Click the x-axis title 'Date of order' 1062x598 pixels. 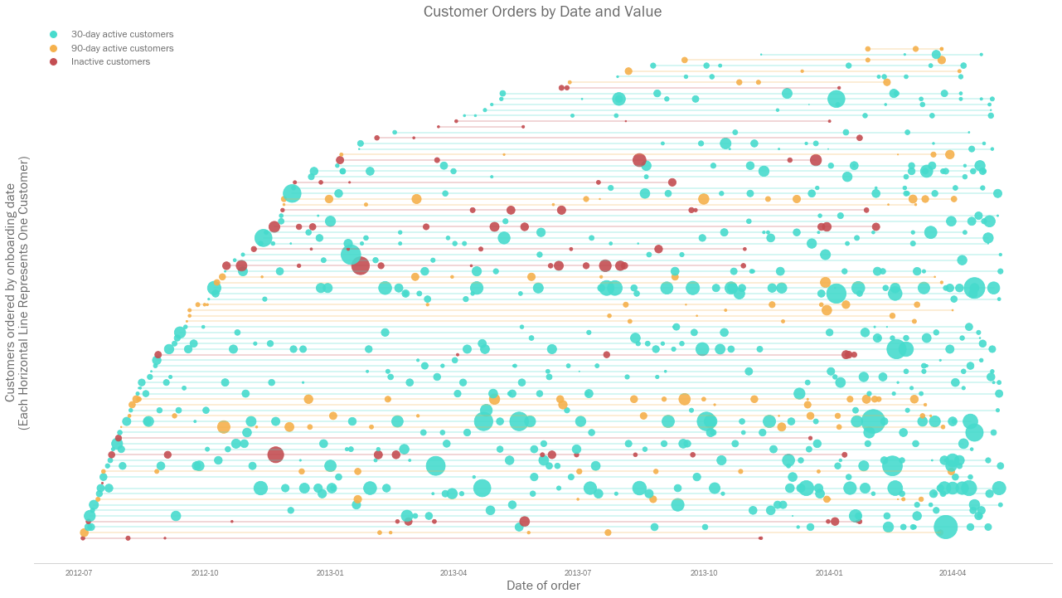tap(543, 586)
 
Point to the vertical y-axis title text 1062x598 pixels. tap(17, 293)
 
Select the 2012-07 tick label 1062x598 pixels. tap(79, 572)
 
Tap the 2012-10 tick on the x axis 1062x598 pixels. tap(205, 572)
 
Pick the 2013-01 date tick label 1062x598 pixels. tap(330, 572)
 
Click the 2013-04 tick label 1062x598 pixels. tap(453, 572)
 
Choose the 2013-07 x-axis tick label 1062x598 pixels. tap(578, 572)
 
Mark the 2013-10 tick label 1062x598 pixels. tap(704, 572)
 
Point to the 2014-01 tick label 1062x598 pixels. tap(829, 572)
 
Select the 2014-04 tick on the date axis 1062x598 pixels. tap(953, 572)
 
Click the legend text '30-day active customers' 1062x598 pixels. tap(122, 35)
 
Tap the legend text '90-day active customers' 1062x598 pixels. tap(122, 48)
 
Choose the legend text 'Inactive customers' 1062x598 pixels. tap(110, 62)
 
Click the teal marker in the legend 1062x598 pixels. tap(54, 35)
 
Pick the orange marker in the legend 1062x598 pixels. tap(54, 48)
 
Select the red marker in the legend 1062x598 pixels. tap(54, 62)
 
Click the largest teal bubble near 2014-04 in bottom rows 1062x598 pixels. tap(945, 527)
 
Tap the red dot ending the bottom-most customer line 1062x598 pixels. tap(760, 538)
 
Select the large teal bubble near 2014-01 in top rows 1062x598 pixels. tap(836, 100)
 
